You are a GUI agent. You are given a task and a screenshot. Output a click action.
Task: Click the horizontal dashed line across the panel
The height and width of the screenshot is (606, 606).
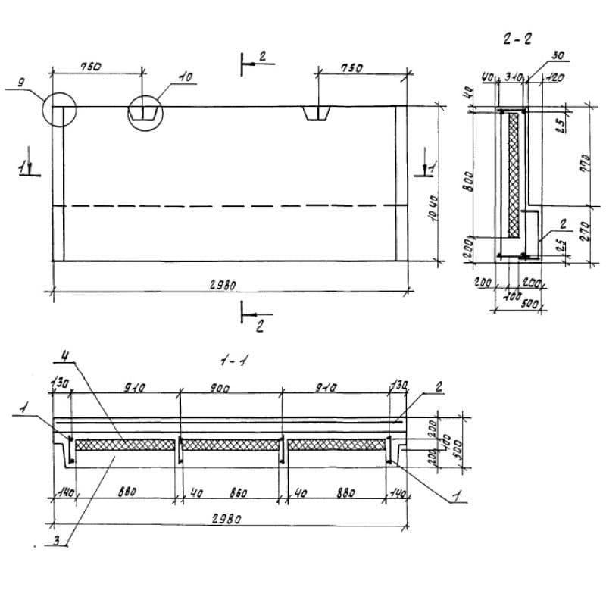pos(227,205)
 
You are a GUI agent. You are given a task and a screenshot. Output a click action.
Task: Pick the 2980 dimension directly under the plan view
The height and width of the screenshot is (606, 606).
pos(226,285)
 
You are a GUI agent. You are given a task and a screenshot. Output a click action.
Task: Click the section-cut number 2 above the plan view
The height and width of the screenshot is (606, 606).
pos(261,57)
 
